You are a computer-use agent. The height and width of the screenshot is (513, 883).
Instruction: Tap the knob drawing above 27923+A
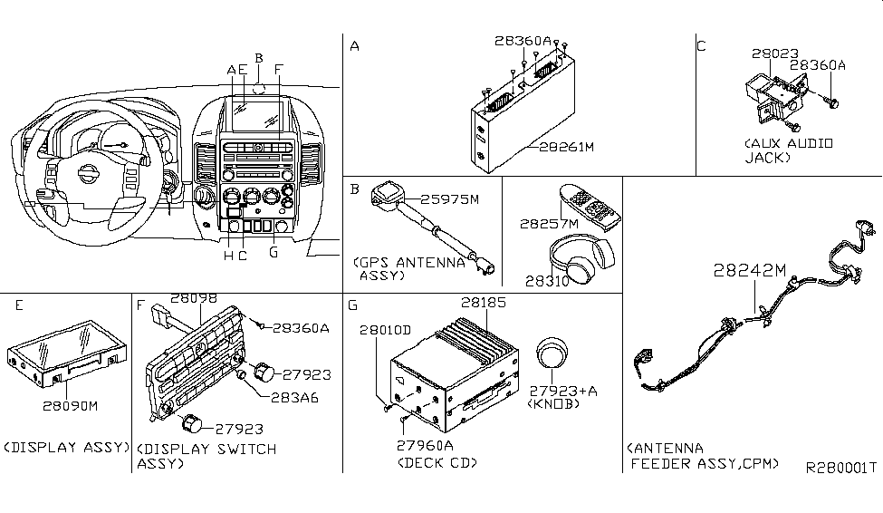[x=552, y=355]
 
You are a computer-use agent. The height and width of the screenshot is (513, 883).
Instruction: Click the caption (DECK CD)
[x=437, y=462]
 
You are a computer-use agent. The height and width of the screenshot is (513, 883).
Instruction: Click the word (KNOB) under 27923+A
[x=552, y=404]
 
